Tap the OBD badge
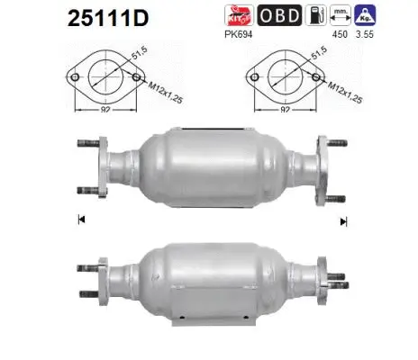279,15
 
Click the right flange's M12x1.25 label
339,85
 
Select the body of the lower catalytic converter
207,269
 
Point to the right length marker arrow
341,220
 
